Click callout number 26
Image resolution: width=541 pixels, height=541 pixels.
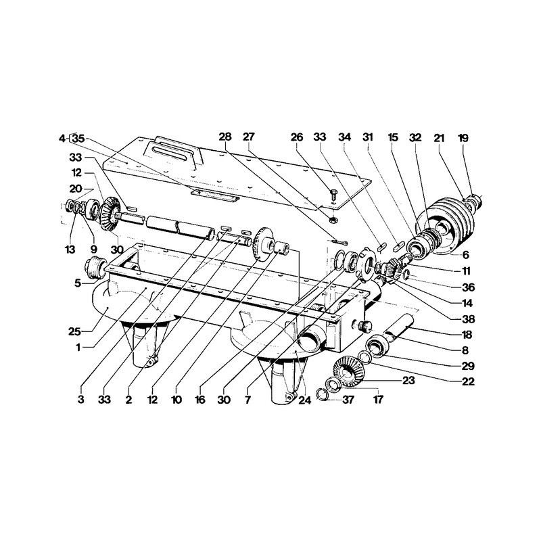(296, 137)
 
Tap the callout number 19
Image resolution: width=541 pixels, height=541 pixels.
(463, 138)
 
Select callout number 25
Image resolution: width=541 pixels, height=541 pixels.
(74, 331)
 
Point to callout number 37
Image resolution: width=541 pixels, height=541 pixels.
(348, 400)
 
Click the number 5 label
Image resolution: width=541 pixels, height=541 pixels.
(78, 283)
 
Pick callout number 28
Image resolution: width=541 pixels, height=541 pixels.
(225, 137)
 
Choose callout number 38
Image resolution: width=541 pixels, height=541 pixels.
(468, 319)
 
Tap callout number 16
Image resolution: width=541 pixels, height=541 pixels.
(200, 400)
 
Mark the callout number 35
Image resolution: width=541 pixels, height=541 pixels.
(78, 139)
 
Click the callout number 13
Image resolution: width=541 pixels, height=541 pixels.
(70, 249)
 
